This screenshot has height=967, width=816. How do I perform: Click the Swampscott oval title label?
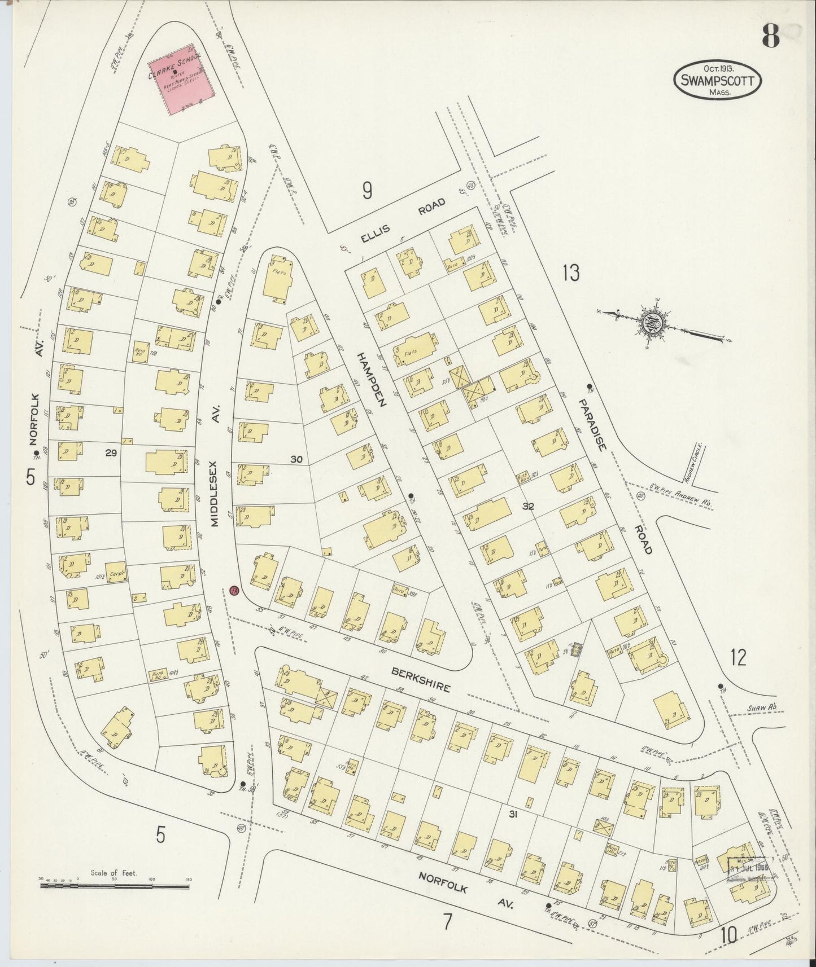click(x=717, y=80)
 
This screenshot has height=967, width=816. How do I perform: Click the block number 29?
click(x=111, y=451)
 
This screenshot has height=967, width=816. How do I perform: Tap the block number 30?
click(x=296, y=460)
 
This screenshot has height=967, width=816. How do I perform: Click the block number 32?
click(x=528, y=506)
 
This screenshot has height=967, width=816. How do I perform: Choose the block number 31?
click(x=513, y=814)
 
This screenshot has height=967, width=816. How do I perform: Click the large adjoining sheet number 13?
click(x=570, y=274)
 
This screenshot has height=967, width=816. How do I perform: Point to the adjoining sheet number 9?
click(x=367, y=192)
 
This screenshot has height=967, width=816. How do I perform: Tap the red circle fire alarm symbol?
click(x=235, y=591)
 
